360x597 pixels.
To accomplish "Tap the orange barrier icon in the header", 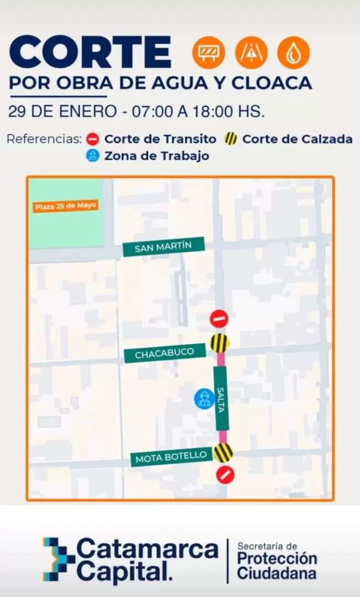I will coord(208,53).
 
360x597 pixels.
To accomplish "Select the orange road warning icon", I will coord(251,53).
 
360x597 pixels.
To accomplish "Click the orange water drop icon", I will coord(294,53).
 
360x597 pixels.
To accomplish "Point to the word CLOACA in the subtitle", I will coord(272,83).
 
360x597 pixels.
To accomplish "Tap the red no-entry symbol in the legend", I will coord(93,139).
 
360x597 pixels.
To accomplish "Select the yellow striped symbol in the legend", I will coord(231,139).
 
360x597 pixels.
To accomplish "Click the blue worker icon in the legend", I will coord(93,156).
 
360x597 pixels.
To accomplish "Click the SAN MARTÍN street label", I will coord(163,247).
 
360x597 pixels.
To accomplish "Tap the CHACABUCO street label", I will coord(164,352).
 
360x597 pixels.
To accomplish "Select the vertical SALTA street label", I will coord(221,398).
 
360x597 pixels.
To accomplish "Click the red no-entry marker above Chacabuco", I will coord(219,319).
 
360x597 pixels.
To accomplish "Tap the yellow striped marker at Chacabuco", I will coord(220,343).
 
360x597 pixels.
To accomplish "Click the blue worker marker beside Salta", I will coord(204,399).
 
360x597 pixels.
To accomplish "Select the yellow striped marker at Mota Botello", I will coord(223,453).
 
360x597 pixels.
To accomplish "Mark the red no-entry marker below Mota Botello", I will coord(225,474).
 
